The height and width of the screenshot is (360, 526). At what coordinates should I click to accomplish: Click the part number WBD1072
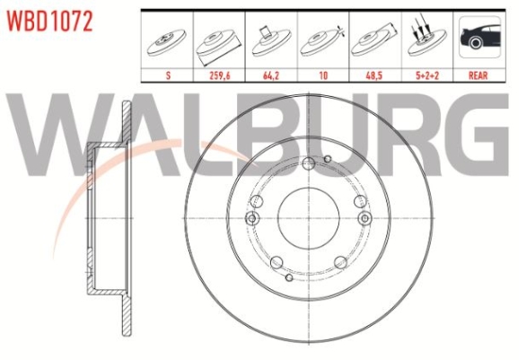click(x=49, y=22)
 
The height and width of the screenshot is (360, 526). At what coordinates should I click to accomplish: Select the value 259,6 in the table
click(x=220, y=75)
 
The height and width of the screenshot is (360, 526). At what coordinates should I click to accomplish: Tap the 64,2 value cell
click(x=271, y=75)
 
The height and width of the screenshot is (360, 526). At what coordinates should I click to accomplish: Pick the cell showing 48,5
click(x=374, y=75)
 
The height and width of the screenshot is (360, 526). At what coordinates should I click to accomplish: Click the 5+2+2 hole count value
click(x=427, y=75)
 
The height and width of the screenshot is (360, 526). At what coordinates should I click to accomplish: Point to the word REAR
click(x=478, y=75)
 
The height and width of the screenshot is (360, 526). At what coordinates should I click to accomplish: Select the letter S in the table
click(x=168, y=75)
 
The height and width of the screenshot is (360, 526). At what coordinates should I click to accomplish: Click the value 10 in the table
click(x=323, y=75)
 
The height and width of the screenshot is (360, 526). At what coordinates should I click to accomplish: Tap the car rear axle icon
click(x=479, y=37)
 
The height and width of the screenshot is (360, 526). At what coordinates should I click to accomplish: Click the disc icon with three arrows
click(x=426, y=39)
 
